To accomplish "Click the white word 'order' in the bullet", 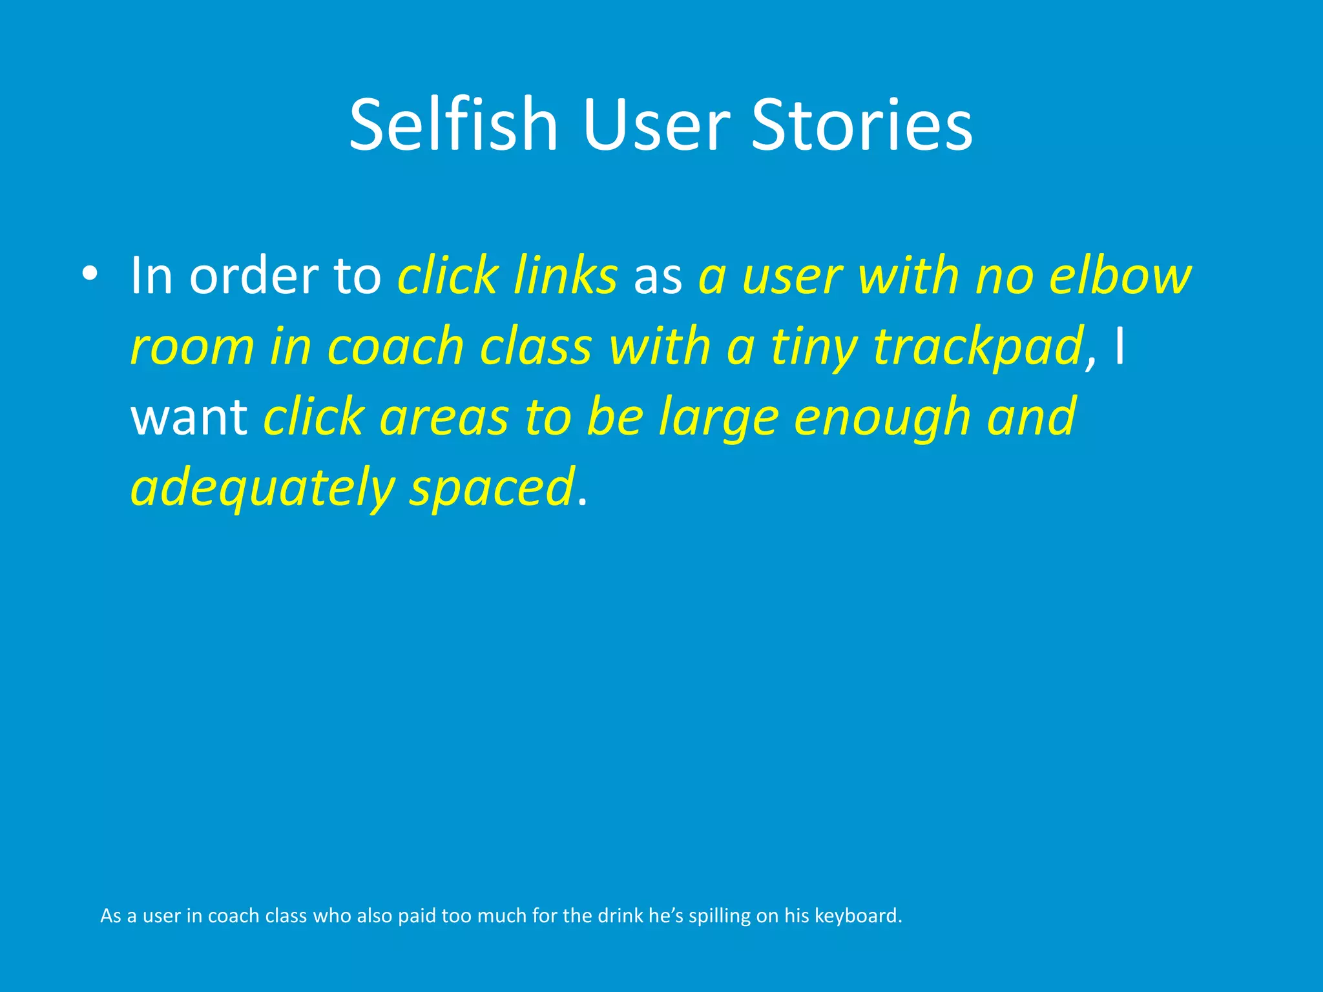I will pos(254,276).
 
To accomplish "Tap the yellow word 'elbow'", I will pos(1120,276).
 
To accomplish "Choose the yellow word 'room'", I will pos(193,347).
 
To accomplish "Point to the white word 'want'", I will pos(189,417).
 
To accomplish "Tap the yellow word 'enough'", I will pos(882,418).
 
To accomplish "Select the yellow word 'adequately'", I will pos(262,488).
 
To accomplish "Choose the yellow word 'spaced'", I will pos(492,488).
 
